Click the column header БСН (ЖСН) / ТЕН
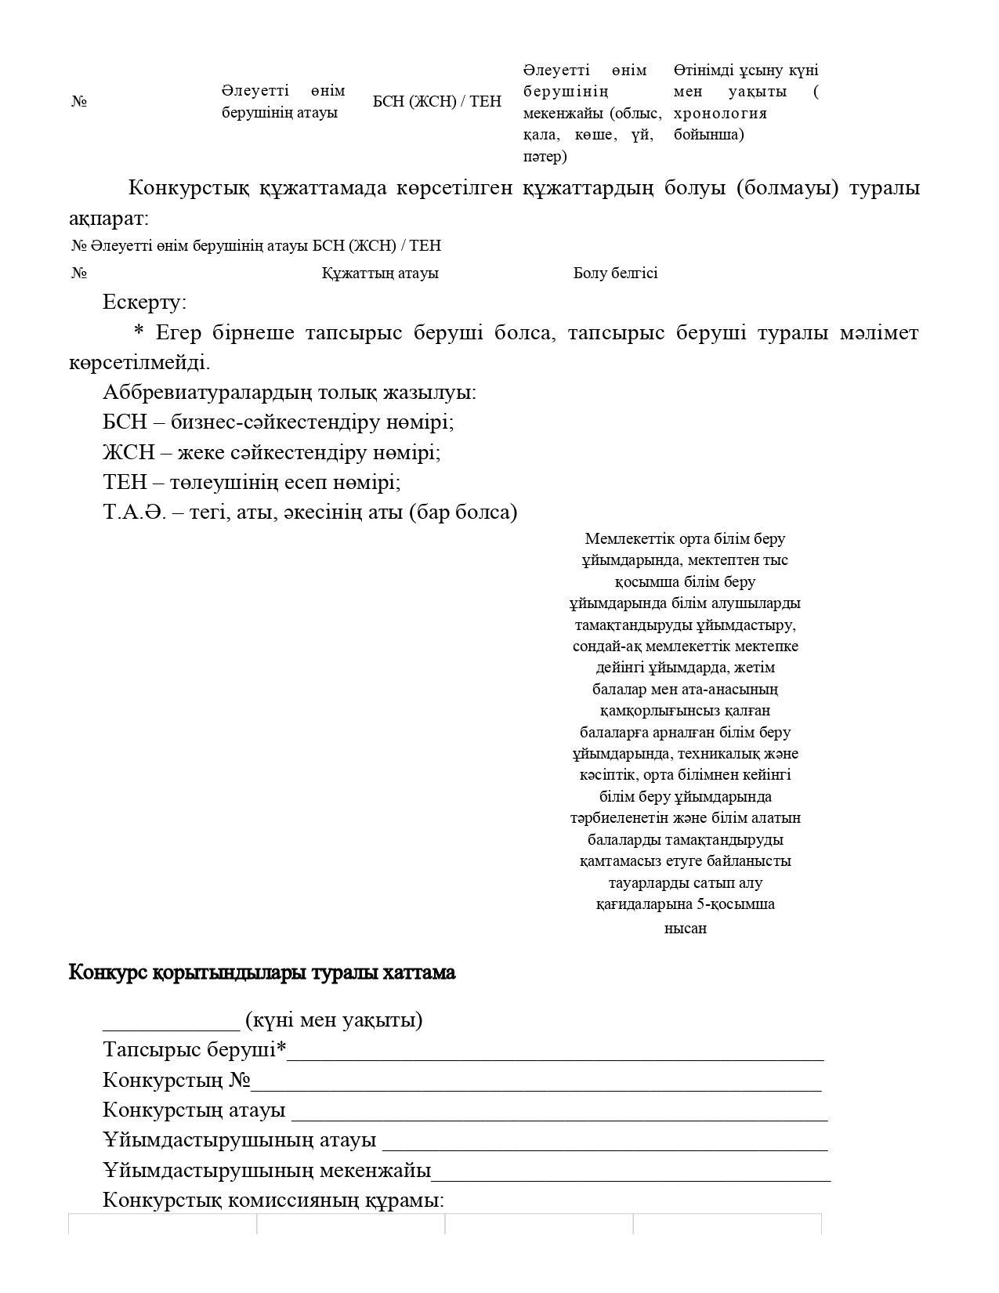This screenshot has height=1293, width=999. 436,101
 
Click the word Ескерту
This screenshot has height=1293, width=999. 143,302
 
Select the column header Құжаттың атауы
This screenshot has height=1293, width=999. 380,273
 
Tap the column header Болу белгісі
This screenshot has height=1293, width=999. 615,273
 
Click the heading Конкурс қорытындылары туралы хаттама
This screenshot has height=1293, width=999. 262,972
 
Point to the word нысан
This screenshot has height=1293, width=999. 685,929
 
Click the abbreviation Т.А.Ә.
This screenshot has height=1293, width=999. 134,512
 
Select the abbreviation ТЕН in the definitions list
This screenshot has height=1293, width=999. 124,483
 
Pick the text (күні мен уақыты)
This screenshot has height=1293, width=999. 334,1020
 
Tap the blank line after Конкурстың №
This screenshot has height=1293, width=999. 536,1082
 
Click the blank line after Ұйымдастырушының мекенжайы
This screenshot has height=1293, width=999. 631,1172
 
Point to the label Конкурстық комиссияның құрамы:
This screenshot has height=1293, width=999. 273,1201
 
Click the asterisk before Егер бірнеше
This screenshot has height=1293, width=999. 139,333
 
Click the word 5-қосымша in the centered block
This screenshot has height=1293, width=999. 726,904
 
